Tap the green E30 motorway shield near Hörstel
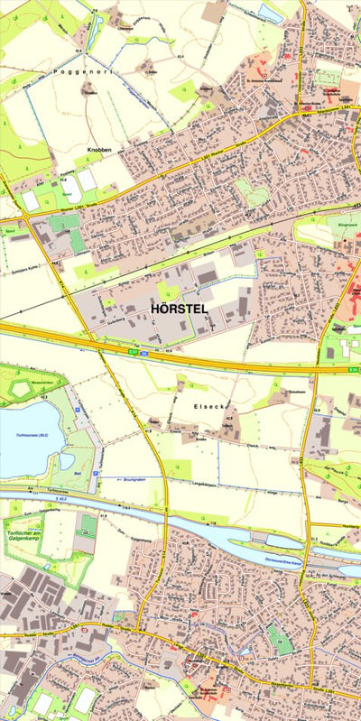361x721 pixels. (133, 352)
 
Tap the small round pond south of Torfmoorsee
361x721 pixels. (66, 460)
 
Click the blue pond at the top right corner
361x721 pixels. (270, 12)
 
